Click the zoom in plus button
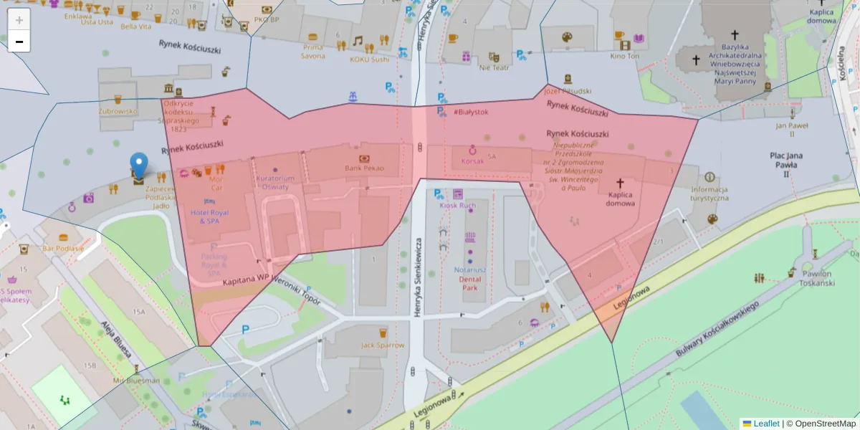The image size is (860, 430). point(19,20)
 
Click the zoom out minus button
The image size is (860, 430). point(19,42)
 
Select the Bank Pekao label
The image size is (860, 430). point(364,168)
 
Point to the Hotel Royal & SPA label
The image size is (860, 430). point(209,216)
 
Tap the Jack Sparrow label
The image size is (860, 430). point(383,345)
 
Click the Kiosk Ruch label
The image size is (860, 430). point(457,206)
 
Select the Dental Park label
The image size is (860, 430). point(469,283)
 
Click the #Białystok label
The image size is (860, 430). point(471,113)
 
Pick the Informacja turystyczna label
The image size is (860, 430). point(709,193)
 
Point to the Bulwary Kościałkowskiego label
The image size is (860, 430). point(717,329)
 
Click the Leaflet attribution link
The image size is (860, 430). point(765,424)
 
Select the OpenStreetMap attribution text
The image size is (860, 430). point(824,424)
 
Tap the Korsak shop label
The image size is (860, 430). point(473,161)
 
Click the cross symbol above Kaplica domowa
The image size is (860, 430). point(620,183)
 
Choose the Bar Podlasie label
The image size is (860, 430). point(63,248)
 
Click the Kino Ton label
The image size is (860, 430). point(624,56)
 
